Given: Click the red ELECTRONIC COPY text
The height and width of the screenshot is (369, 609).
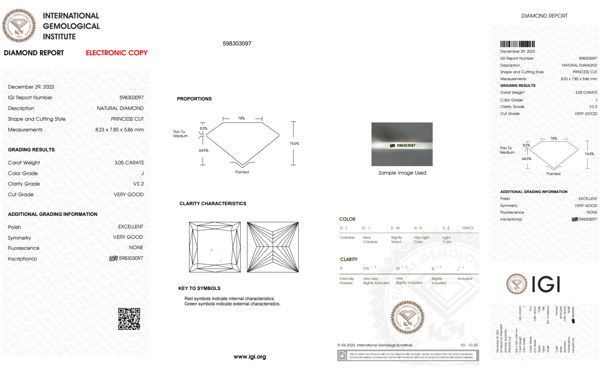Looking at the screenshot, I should pos(117,53).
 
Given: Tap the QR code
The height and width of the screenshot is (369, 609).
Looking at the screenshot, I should pos(129,319).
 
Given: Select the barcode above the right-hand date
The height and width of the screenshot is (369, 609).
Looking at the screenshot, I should pos(517,44).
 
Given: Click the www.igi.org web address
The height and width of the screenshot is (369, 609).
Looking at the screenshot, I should pos(250,357).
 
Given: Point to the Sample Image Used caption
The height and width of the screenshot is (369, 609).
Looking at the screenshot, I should pos(402,173).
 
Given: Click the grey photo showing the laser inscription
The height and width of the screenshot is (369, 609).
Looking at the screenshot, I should pos(402,144).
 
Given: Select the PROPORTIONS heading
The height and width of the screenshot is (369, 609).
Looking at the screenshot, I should pos(194,99).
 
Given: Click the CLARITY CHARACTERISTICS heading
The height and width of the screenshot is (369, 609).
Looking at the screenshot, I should pos(213,203).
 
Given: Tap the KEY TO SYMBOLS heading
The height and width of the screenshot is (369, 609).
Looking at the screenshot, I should pos(199,288).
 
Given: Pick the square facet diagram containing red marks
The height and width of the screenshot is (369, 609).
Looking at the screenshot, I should pos(215,247).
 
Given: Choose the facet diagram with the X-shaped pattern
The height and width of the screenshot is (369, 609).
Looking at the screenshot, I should pos(273,247).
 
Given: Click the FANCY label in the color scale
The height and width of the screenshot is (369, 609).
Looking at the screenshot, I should pos(468,228).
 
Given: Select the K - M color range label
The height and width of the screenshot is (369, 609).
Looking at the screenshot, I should pos(395,228).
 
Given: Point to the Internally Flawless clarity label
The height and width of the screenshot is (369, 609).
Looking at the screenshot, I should pos(346,281).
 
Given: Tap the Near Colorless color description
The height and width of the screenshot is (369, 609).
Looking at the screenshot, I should pos(370,240).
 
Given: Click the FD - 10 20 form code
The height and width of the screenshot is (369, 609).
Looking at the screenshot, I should pos(469,345).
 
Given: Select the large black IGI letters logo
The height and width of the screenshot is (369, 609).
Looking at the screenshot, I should pos(546,284).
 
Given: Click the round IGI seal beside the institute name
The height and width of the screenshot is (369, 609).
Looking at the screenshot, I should pos(19,26).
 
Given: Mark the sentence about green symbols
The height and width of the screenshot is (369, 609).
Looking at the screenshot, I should pos(232,304).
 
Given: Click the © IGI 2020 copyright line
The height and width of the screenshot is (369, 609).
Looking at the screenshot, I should pos(375,345).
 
